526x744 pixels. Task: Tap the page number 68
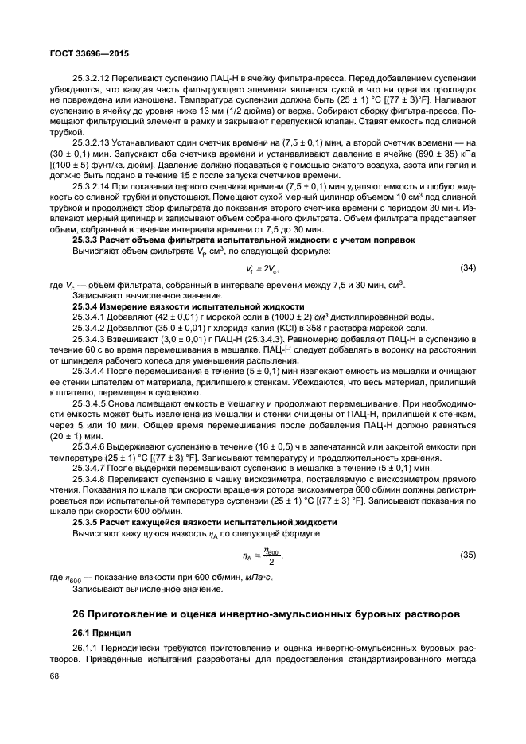click(x=55, y=677)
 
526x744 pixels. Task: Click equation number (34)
click(x=468, y=268)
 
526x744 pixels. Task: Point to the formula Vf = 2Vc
click(x=263, y=269)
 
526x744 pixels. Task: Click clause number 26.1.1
click(x=85, y=648)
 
